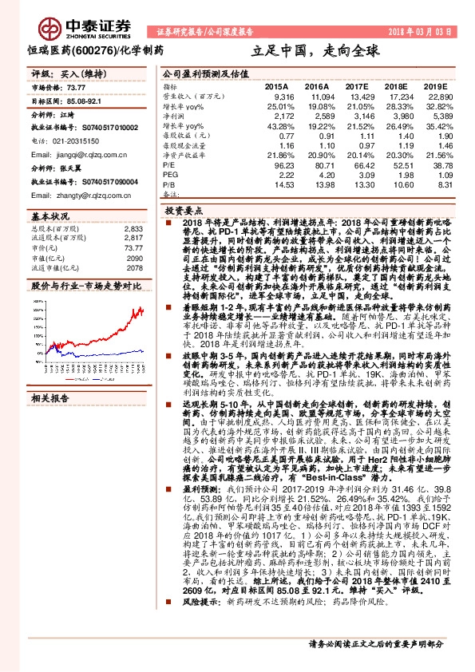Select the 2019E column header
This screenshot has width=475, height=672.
pos(436,85)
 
